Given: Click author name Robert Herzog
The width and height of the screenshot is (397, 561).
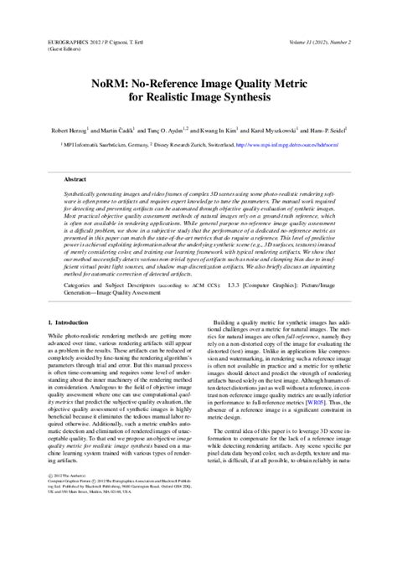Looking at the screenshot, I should [66, 131].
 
